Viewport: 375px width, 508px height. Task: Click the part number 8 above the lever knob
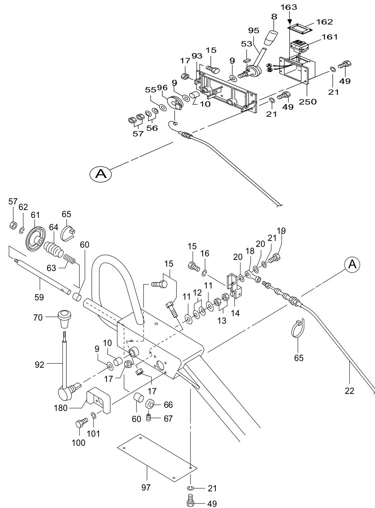tap(274, 17)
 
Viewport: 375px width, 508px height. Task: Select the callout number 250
tap(308, 101)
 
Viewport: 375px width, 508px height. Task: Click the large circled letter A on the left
tap(101, 174)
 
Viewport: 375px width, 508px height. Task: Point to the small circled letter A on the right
tap(352, 264)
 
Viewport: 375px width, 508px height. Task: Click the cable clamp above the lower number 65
tap(298, 328)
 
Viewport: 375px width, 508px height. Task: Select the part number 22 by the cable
tap(349, 391)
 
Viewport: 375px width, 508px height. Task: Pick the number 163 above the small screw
tap(291, 7)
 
